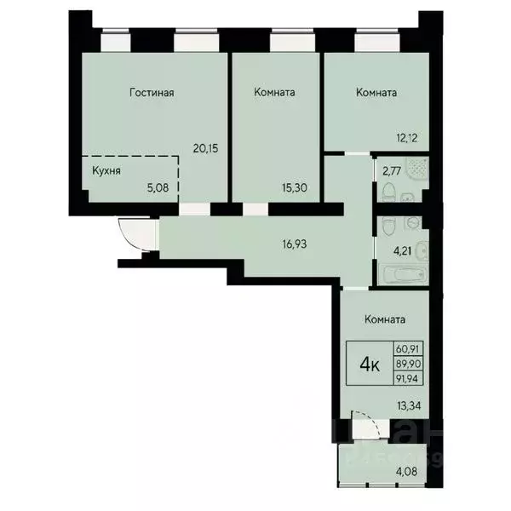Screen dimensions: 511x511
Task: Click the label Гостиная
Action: click(x=152, y=93)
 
